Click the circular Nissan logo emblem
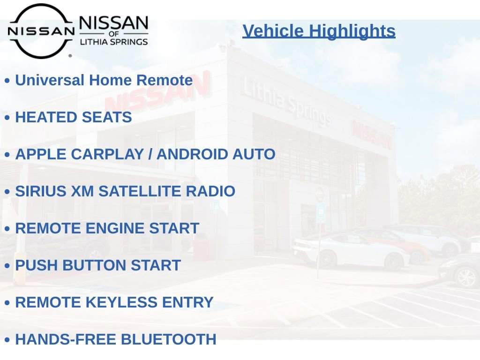point(41,31)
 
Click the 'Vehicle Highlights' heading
point(319,31)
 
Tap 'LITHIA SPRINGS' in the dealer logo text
point(113,42)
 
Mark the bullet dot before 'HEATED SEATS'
point(7,118)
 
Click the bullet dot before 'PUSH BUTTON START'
point(7,266)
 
